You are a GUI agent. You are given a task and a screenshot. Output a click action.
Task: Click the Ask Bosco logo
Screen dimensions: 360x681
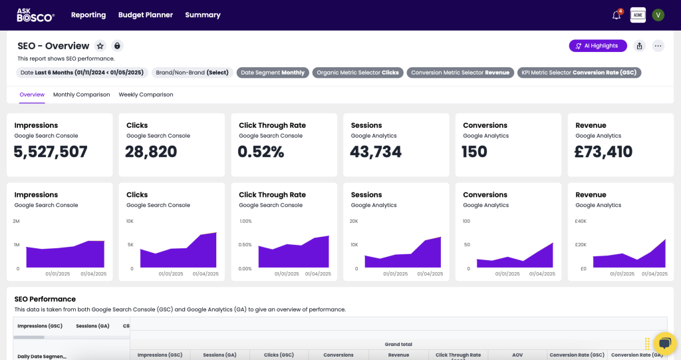point(35,15)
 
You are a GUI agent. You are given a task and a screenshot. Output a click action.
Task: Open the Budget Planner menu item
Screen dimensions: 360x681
point(145,15)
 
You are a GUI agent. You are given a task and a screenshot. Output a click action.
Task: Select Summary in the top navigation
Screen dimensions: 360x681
point(203,15)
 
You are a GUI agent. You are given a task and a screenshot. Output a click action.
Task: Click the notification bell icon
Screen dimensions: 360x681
point(616,15)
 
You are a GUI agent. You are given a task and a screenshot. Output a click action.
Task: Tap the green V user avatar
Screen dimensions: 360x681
point(658,15)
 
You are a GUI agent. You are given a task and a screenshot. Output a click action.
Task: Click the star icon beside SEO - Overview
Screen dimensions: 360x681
point(100,46)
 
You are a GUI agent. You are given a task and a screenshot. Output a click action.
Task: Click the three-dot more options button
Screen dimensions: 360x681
point(658,46)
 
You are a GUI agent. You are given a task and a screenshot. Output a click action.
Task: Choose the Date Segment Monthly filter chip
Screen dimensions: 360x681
point(273,73)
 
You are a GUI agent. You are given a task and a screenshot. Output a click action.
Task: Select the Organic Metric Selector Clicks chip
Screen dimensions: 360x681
point(358,73)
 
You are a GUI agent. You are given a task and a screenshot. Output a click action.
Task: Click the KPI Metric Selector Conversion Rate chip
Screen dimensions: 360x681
point(579,73)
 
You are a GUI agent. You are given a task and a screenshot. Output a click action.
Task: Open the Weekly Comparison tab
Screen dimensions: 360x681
point(146,94)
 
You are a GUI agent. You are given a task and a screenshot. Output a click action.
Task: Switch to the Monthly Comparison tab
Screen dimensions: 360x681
point(81,94)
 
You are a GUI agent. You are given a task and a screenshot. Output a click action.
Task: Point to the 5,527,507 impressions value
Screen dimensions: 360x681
point(51,152)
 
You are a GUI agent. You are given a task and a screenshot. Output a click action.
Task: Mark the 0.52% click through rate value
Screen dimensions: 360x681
point(261,152)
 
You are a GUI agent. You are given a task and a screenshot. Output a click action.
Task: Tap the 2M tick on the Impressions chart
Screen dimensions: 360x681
point(16,221)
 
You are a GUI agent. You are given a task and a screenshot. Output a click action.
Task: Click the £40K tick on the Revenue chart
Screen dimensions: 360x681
point(580,221)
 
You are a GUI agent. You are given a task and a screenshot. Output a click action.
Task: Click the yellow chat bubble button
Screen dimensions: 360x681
point(664,343)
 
